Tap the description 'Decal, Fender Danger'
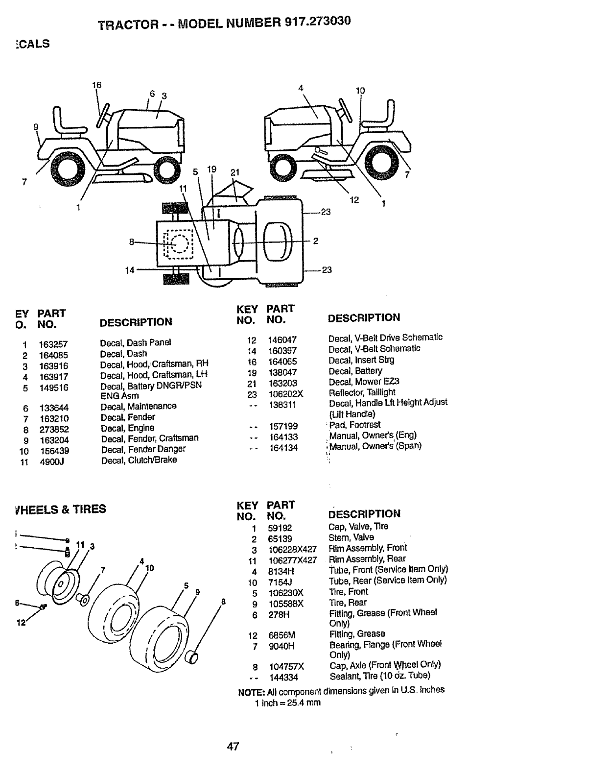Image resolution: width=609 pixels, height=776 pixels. click(143, 449)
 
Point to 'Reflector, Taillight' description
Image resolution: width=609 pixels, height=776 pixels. click(362, 392)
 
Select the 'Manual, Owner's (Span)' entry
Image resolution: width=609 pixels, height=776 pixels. click(375, 446)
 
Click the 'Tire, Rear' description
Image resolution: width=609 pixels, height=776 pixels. click(348, 603)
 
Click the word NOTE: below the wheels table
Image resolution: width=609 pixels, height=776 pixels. click(251, 692)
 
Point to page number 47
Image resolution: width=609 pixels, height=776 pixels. click(233, 746)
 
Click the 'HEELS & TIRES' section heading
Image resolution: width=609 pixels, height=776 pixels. click(61, 509)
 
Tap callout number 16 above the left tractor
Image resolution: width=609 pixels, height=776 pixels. click(96, 85)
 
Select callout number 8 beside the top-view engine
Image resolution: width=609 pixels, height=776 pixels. click(131, 241)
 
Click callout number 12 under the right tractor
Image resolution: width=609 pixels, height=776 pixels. click(354, 199)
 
